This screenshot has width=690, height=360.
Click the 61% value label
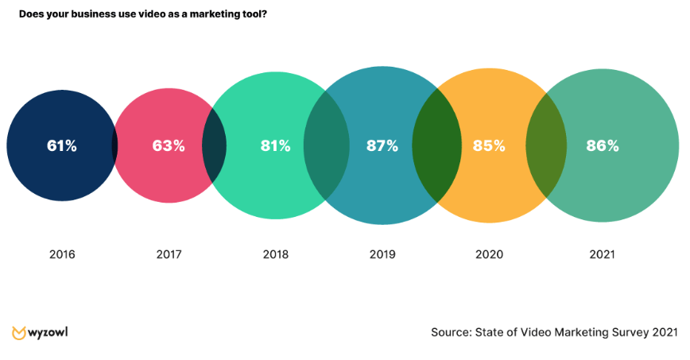61,145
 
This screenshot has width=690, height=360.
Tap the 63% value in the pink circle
169,145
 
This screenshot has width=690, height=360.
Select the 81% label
276,145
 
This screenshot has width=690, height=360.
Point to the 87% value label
382,145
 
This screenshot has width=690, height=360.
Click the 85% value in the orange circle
489,145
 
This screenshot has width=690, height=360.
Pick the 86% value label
602,145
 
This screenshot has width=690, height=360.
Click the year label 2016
62,255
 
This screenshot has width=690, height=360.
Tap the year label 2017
169,255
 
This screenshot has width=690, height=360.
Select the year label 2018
276,255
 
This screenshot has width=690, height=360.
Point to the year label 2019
382,255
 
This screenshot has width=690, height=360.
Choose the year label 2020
489,255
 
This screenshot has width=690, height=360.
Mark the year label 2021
602,255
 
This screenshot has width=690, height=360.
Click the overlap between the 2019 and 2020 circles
436,145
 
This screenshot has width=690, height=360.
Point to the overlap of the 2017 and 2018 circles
214,147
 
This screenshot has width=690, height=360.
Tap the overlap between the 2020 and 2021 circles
546,145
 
